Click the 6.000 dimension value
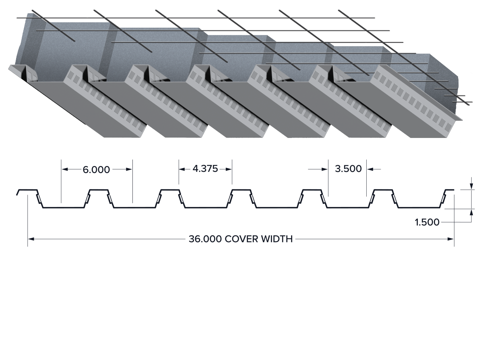[x=96, y=170]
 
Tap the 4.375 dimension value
[x=205, y=169]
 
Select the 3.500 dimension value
[x=348, y=169]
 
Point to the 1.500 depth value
[x=427, y=222]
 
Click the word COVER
[x=241, y=239]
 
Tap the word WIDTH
[x=277, y=239]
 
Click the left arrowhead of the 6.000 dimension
[x=65, y=169]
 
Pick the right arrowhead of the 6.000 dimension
[x=129, y=169]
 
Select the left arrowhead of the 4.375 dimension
[x=182, y=169]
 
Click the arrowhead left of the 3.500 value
[x=325, y=169]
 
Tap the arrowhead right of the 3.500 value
[x=370, y=169]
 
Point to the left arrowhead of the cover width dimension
[x=31, y=239]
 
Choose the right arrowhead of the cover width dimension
[x=451, y=239]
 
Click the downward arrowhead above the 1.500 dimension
[x=471, y=186]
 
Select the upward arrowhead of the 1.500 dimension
[x=471, y=212]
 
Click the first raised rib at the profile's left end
[x=27, y=190]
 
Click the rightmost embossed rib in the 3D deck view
[x=416, y=101]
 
